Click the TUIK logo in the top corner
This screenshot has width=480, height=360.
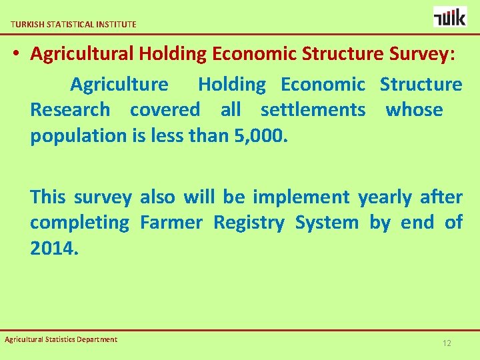tap(450, 17)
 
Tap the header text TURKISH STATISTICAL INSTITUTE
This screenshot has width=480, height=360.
tap(73, 24)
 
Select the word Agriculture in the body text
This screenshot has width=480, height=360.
tap(119, 85)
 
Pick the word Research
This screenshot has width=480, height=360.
tap(70, 109)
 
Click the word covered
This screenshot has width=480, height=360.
tap(165, 109)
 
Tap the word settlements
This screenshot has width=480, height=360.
tap(313, 109)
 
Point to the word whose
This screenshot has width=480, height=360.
tap(414, 109)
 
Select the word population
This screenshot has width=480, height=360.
tap(78, 135)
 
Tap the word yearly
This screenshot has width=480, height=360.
tap(385, 197)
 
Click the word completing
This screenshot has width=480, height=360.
tap(79, 223)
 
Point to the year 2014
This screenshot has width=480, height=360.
tap(53, 249)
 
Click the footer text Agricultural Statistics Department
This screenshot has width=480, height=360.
tap(61, 339)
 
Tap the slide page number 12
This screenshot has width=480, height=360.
tap(447, 343)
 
